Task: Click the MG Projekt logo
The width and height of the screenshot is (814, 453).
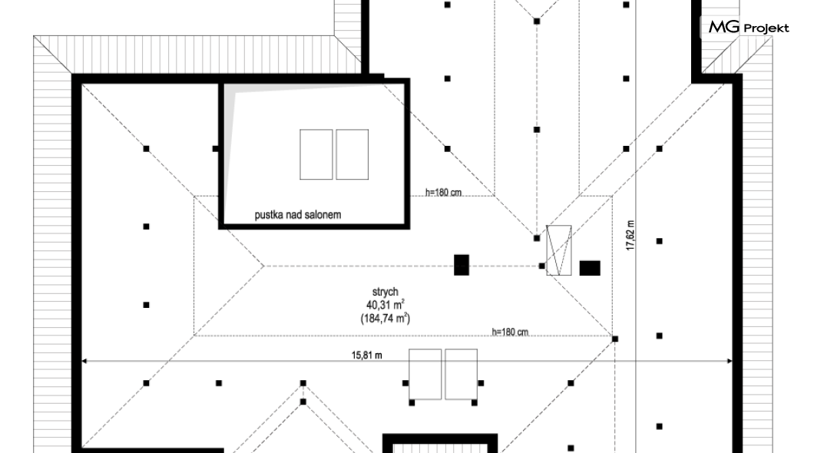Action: (x=749, y=27)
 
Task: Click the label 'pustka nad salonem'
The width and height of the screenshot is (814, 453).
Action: (x=297, y=215)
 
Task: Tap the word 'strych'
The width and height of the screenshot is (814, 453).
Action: (x=385, y=292)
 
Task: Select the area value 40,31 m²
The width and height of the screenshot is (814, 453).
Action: (x=385, y=305)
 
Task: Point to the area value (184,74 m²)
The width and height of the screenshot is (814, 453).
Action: (x=385, y=318)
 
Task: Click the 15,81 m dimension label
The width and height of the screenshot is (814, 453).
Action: (x=366, y=355)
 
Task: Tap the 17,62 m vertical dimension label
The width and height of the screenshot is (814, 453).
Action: (x=630, y=236)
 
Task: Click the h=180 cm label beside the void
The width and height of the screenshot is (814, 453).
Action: (x=443, y=193)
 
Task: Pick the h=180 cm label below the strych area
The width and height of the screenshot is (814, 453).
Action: (x=510, y=332)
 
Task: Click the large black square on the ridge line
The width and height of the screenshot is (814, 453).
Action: (x=462, y=265)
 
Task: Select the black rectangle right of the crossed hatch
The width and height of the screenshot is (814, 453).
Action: (x=590, y=268)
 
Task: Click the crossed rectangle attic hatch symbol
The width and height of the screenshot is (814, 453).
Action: (x=558, y=250)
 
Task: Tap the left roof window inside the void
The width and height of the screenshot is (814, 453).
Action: (x=316, y=154)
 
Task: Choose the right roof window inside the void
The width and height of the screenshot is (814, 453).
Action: (x=352, y=154)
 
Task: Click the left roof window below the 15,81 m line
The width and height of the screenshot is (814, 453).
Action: (x=425, y=374)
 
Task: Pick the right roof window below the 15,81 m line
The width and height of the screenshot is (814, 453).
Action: (x=461, y=374)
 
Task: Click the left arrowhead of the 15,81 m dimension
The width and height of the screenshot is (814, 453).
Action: (x=84, y=361)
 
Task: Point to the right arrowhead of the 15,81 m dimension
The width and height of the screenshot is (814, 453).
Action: (x=730, y=361)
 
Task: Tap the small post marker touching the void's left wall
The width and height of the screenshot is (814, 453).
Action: (x=216, y=149)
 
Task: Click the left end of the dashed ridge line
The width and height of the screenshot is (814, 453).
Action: (x=264, y=266)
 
